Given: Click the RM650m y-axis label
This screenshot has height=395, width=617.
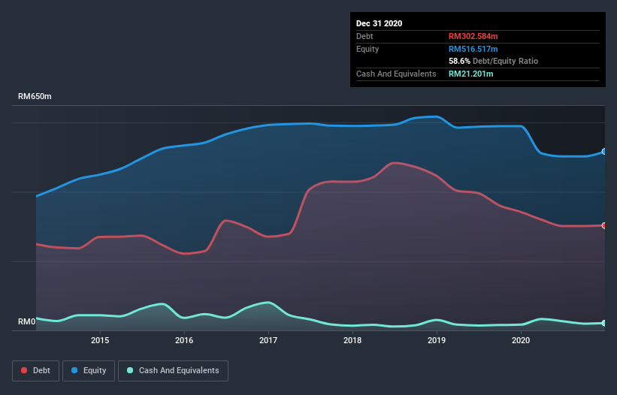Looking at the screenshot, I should click(35, 97).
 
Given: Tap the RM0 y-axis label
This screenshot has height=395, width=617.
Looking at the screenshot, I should click(26, 322).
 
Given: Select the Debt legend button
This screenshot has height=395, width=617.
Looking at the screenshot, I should click(35, 370).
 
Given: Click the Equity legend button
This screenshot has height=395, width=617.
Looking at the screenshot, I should click(89, 370).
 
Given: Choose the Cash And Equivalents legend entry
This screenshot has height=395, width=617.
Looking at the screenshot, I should click(174, 370).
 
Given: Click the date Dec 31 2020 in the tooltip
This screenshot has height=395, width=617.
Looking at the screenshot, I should click(379, 23).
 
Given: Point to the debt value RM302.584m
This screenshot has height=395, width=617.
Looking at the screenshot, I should click(473, 36).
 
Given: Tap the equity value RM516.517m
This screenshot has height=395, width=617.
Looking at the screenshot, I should click(473, 49).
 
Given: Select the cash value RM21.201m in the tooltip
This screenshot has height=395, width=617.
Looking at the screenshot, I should click(470, 74).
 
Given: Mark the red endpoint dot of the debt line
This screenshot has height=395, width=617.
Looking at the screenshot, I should click(603, 225).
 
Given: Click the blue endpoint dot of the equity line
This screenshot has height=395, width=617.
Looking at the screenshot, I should click(603, 152).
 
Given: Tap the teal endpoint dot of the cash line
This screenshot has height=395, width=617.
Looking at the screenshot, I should click(603, 323).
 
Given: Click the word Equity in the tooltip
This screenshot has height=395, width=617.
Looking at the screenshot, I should click(368, 49).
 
